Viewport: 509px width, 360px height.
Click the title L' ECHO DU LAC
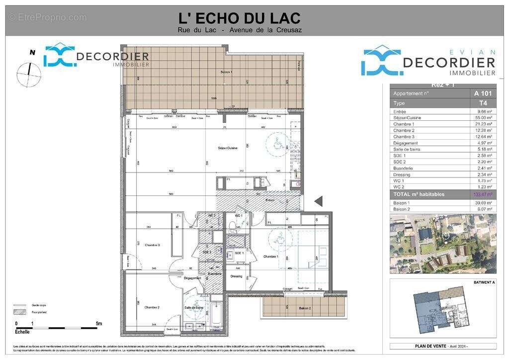tap(240, 18)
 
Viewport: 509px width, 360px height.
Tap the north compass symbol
tap(28, 73)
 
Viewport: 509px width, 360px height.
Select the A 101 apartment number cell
tap(479, 93)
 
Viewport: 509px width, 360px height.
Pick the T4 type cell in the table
tap(479, 103)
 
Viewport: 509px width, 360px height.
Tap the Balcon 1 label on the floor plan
tap(227, 73)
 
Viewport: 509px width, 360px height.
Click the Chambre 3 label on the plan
tap(152, 245)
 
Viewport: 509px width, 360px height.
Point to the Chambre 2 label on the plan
tap(152, 308)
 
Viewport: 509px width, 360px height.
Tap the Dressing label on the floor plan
tap(237, 276)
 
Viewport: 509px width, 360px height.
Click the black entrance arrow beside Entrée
tap(319, 201)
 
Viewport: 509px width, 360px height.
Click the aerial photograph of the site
tap(443, 244)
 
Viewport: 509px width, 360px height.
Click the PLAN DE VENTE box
tap(443, 346)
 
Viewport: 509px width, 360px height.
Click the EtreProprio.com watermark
tap(48, 17)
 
